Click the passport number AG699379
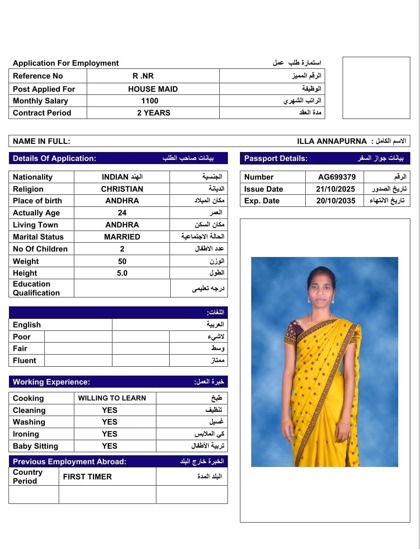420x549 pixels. coord(337,177)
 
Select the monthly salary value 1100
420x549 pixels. coord(150,101)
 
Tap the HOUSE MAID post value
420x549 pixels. coord(153,89)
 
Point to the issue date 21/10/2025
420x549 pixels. coord(336,189)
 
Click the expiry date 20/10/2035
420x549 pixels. coord(336,201)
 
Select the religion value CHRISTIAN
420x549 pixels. coord(122,189)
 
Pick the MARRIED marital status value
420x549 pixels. coord(122,237)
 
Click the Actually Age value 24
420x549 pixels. coord(122,213)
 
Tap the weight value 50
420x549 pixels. coord(122,261)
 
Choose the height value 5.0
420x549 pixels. coord(122,273)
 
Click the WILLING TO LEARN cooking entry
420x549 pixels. coord(112,398)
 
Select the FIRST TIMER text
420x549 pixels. coord(87,477)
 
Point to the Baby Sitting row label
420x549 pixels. coord(35,446)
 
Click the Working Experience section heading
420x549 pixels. coord(51,382)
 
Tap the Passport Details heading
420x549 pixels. coord(276,158)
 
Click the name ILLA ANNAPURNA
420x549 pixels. coord(332,141)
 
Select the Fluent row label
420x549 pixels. coord(24,360)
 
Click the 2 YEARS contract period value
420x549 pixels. coord(154,113)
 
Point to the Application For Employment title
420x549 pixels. coord(66,63)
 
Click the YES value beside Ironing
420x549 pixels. coord(110,434)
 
